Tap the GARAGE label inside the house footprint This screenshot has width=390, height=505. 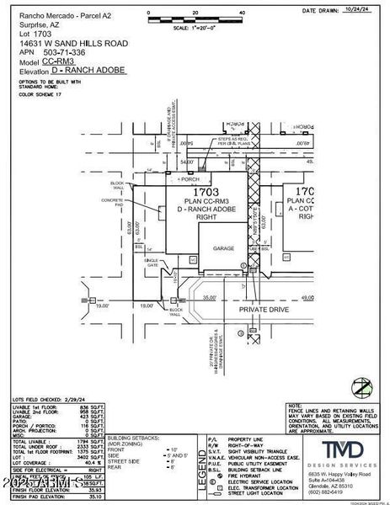tap(222, 249)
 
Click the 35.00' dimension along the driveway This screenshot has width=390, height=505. tap(210, 296)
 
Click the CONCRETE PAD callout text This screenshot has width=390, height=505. tap(113, 202)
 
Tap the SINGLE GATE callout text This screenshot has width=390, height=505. tap(152, 263)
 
